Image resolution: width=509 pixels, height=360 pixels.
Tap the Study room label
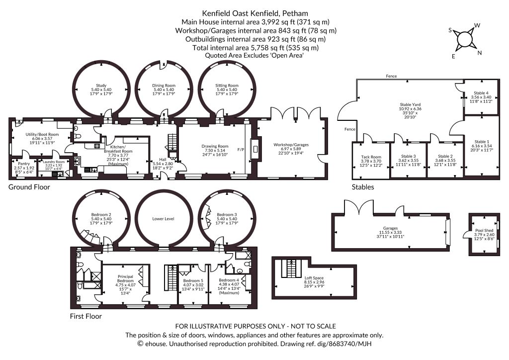coord(101,90)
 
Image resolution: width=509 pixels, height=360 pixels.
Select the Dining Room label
coord(164,90)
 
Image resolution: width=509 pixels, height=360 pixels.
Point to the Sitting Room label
coord(227,90)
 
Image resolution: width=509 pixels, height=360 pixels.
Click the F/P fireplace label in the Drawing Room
coord(241,150)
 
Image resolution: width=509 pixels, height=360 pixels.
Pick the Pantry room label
coord(24,168)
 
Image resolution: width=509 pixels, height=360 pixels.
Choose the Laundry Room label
coord(54,165)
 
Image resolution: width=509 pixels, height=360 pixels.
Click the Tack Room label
coord(371,161)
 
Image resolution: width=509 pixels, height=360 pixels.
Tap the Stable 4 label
coord(481,97)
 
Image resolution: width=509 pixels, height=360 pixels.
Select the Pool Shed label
coord(484,234)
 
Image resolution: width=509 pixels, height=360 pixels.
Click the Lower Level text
coord(163,219)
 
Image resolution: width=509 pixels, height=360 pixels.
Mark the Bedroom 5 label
coord(193,285)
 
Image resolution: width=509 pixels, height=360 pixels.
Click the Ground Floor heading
coord(29,187)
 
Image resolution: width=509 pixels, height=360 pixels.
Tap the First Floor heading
coord(85,317)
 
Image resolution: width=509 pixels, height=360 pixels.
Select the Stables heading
coord(363,187)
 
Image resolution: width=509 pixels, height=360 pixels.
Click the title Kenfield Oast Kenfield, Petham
coord(255,13)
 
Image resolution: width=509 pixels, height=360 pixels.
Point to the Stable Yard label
coord(410,111)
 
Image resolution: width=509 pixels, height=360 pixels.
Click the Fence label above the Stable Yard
coord(391,76)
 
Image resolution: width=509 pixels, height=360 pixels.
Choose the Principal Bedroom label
coord(125,285)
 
